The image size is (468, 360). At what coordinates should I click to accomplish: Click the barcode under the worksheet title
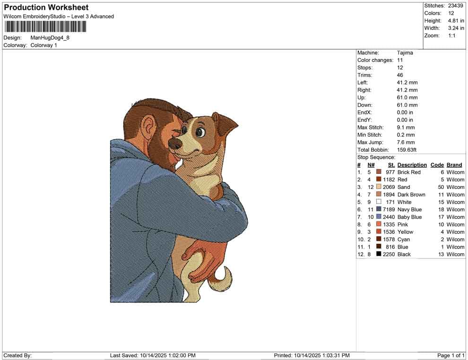point(45,27)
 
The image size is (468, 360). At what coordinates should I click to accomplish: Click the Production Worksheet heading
point(46,8)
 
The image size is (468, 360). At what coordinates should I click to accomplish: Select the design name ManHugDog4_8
point(50,38)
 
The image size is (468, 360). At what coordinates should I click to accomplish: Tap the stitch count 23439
point(455,6)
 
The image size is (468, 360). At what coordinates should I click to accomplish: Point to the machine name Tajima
point(405,53)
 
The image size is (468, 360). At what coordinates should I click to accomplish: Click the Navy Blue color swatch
point(379,209)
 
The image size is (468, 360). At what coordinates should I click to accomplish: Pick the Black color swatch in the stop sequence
point(379,254)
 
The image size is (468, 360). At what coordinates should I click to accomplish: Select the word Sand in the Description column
point(404,187)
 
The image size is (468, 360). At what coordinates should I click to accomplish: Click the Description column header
point(412,165)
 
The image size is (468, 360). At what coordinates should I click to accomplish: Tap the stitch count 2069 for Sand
point(389,187)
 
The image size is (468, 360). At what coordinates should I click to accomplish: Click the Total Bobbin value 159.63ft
point(407,150)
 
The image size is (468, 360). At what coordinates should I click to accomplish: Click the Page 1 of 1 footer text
point(451,355)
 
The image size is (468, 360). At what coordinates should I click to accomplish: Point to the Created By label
point(17,355)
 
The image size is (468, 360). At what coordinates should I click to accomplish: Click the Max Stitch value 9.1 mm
point(406,128)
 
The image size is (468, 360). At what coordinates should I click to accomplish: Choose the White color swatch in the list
point(379,202)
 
